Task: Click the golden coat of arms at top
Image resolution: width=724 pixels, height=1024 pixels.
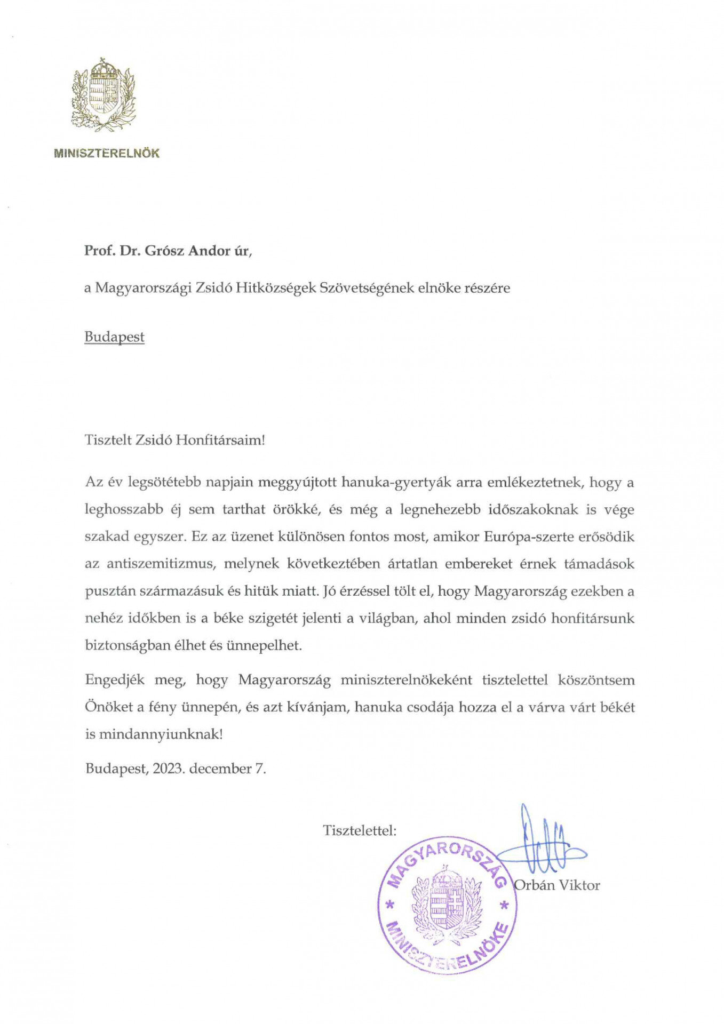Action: click(104, 94)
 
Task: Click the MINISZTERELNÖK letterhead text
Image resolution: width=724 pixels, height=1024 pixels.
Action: click(107, 153)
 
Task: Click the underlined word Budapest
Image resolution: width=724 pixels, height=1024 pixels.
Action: click(114, 337)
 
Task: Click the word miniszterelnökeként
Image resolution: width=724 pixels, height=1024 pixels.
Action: click(406, 680)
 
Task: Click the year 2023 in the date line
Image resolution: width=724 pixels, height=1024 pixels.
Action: click(168, 769)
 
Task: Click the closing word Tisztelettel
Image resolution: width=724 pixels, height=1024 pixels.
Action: click(359, 830)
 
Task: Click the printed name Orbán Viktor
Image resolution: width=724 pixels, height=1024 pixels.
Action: click(556, 885)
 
